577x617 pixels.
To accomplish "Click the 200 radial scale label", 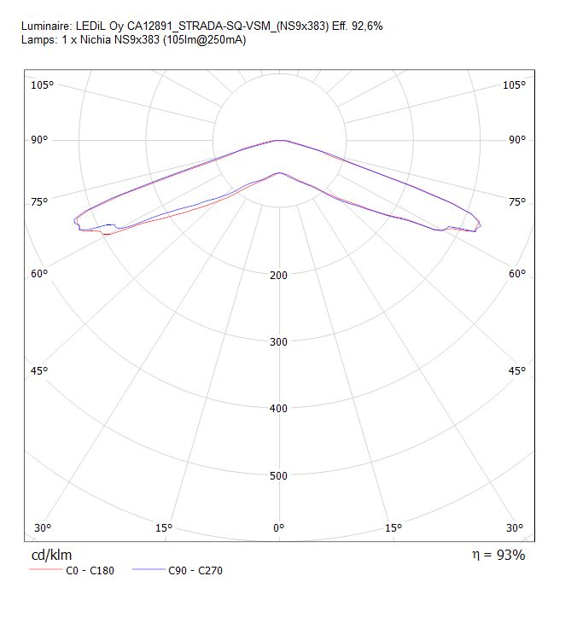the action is (278, 275).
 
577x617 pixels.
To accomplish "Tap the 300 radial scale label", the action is (278, 341).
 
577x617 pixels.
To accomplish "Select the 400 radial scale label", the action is (278, 409).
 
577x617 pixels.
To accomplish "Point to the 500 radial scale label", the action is (278, 475).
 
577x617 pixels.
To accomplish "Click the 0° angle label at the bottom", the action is (278, 527).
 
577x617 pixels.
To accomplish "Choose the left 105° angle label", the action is (42, 85).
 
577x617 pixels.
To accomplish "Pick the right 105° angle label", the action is (514, 85).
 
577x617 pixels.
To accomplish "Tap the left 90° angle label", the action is (39, 140).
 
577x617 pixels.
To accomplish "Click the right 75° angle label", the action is (517, 202).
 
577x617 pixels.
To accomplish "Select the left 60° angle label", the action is (39, 273).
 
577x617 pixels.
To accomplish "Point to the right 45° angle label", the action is (517, 370).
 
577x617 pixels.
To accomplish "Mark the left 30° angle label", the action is (43, 527).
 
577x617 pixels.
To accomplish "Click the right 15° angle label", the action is (393, 527).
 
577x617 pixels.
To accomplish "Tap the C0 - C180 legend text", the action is (90, 571).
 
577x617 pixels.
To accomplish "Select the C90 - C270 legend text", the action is (195, 571).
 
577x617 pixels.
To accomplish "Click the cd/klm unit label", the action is (51, 555).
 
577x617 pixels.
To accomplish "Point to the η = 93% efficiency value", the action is (498, 555).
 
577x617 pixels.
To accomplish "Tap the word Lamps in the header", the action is (39, 40).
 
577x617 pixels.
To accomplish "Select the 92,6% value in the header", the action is (367, 26).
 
